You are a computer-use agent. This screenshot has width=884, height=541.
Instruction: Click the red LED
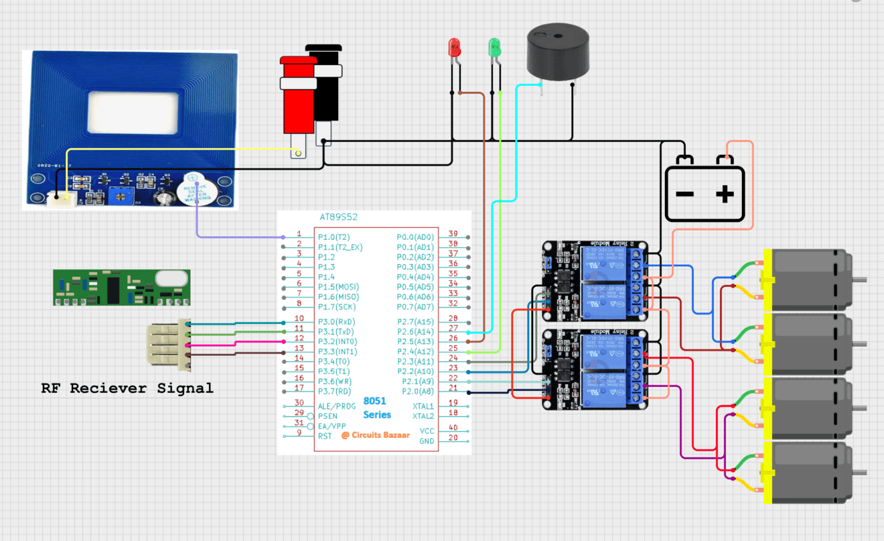tap(454, 48)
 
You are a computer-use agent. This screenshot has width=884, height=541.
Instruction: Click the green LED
tap(495, 47)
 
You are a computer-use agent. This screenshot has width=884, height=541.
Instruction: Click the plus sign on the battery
tap(725, 194)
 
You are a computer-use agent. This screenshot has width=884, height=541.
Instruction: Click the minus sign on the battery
tap(684, 194)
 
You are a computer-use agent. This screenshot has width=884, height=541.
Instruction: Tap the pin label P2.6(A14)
tap(415, 331)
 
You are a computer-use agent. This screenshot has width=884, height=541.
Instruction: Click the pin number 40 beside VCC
tap(453, 428)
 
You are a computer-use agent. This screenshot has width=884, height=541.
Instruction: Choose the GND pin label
tap(426, 441)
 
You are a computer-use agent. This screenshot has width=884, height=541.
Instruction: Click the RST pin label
tap(325, 436)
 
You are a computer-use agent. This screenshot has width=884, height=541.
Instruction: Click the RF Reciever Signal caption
tap(127, 388)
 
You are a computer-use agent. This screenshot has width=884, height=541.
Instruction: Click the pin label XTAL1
tap(423, 406)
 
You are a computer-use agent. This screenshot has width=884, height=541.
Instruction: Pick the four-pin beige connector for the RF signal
tap(169, 344)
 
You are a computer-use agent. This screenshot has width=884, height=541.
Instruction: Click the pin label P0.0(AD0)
tap(415, 237)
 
